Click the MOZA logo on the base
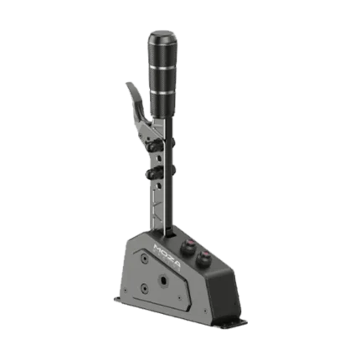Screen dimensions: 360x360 (167, 257)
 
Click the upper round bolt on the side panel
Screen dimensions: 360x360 (144, 257)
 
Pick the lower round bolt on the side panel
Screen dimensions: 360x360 (144, 287)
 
